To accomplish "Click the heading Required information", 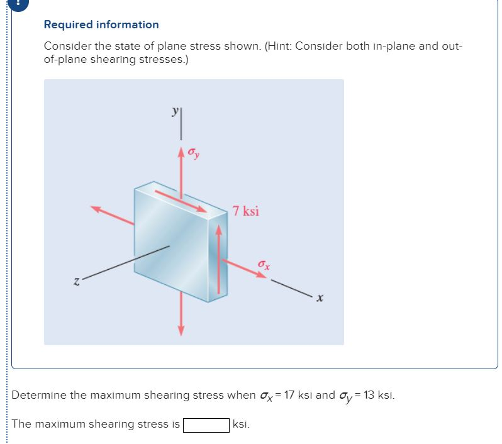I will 101,25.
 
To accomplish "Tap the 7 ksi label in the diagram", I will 245,211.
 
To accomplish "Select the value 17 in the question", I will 290,396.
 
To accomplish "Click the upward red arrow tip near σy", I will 181,152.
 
